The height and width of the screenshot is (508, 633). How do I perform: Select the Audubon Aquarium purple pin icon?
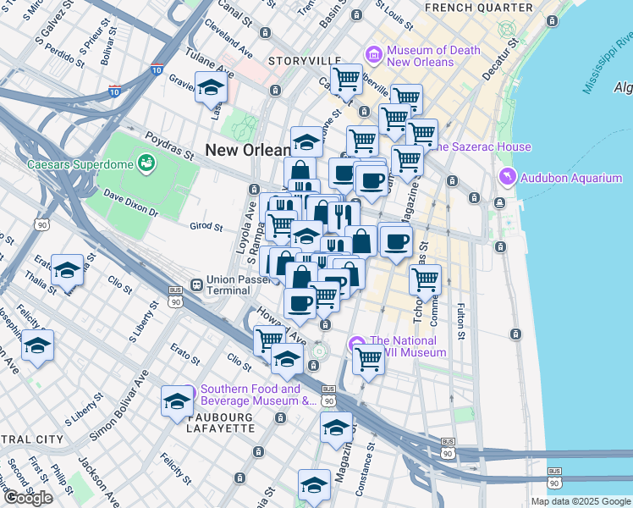pyautogui.click(x=508, y=177)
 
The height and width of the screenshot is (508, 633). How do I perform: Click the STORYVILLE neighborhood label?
pyautogui.click(x=305, y=62)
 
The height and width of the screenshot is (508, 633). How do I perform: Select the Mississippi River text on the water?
pyautogui.click(x=608, y=63)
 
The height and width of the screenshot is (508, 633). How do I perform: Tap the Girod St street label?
pyautogui.click(x=206, y=227)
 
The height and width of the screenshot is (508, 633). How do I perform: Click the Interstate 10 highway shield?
pyautogui.click(x=157, y=70)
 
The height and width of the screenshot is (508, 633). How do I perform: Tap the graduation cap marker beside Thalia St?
pyautogui.click(x=67, y=270)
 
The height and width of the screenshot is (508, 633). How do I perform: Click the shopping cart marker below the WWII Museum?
pyautogui.click(x=368, y=360)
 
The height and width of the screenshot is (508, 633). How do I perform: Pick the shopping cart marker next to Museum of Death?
pyautogui.click(x=345, y=80)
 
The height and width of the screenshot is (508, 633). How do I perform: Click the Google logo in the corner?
pyautogui.click(x=28, y=498)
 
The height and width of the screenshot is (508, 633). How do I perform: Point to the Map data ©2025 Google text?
pyautogui.click(x=580, y=501)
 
